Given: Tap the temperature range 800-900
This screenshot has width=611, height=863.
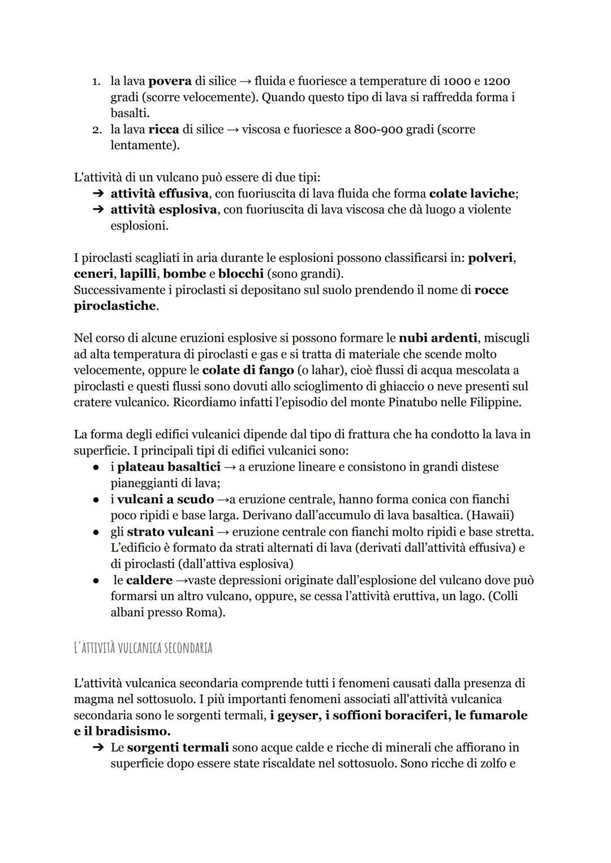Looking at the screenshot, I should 378,130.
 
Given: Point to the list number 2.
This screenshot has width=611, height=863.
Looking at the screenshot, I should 97,130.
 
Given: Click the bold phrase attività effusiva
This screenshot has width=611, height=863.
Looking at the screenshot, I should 159,193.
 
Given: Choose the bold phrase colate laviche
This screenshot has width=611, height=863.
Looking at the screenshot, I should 472,193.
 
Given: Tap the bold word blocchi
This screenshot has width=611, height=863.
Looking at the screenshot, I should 241,274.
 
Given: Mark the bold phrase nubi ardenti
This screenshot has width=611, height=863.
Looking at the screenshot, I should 438,338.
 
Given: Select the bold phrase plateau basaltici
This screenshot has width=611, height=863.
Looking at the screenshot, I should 169,467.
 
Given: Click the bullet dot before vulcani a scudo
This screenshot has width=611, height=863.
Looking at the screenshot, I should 97,499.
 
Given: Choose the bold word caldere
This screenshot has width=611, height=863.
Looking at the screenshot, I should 149,580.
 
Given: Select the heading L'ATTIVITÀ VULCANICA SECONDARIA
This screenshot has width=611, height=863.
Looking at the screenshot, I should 143,648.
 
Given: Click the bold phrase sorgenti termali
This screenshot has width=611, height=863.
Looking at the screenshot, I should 178,748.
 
